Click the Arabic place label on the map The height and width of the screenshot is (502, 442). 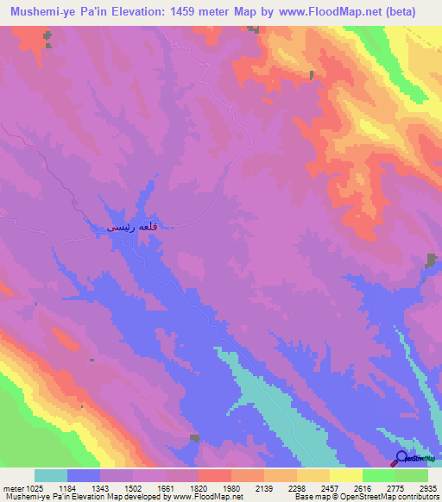[x=129, y=227]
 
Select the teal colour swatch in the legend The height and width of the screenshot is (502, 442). [x=51, y=475]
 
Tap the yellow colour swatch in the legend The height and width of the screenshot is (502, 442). [x=345, y=475]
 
